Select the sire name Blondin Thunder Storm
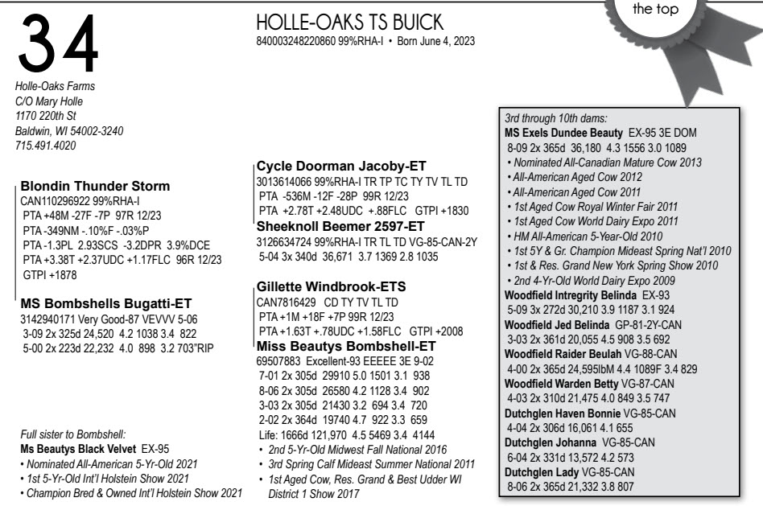95,185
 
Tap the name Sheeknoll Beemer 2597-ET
340,225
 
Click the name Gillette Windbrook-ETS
330,286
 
